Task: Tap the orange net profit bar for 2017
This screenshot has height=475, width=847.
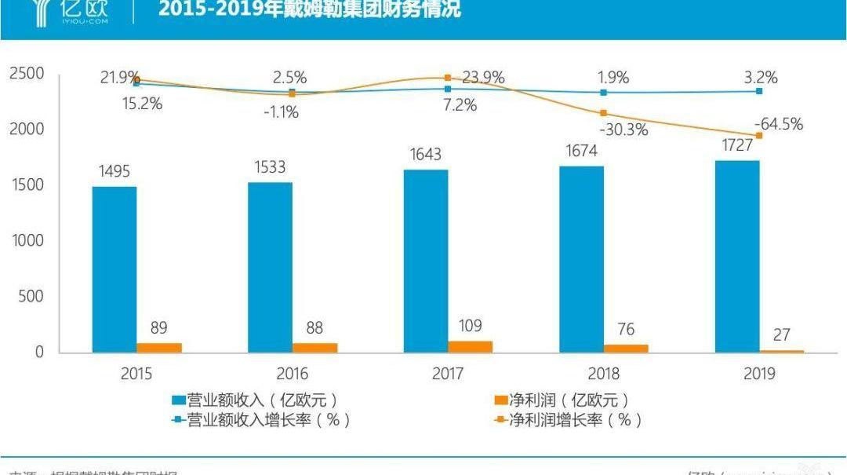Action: (x=470, y=346)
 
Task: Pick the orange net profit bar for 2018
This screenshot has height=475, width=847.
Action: (x=626, y=348)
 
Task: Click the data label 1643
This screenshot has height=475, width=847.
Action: (x=426, y=155)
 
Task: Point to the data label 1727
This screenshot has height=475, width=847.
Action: (x=737, y=146)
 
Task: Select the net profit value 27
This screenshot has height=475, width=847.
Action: (x=782, y=335)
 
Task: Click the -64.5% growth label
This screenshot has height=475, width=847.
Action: (x=778, y=124)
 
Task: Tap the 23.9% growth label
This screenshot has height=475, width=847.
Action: (x=483, y=78)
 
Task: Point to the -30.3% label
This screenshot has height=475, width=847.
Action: (x=623, y=130)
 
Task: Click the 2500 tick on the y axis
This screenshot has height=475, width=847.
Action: (x=27, y=74)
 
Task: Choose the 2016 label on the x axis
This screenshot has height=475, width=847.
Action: (x=292, y=374)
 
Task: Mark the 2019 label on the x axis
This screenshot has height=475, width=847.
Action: (x=758, y=374)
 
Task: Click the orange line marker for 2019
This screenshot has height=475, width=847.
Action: (x=759, y=136)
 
